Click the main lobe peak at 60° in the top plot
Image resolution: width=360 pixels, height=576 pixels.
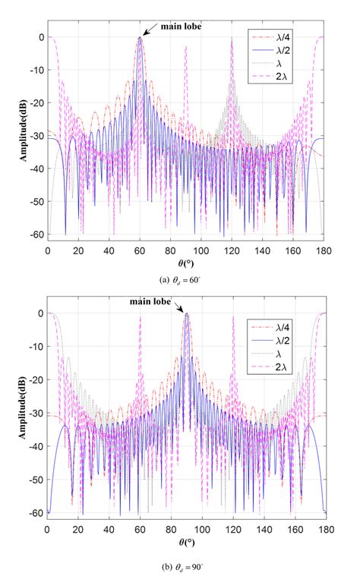(140, 38)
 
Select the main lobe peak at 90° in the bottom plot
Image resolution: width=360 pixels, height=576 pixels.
(186, 314)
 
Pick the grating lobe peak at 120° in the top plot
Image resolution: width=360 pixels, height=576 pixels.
(232, 39)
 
